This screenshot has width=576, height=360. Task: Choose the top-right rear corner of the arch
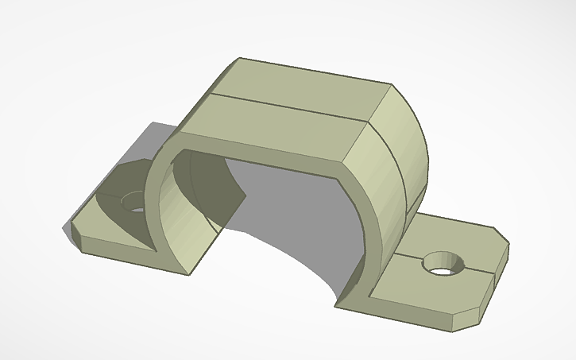pos(391,83)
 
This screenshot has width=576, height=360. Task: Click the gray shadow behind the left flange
pos(151,139)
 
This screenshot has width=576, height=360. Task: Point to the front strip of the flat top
pos(278,127)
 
